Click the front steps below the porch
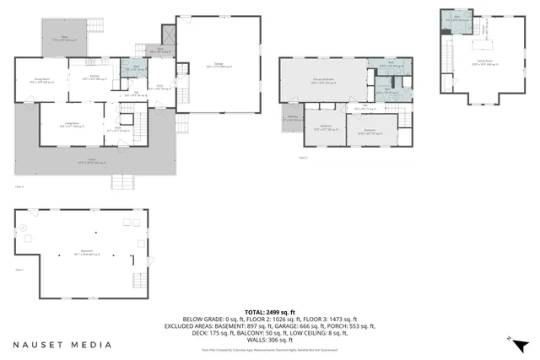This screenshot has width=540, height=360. (123, 182)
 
